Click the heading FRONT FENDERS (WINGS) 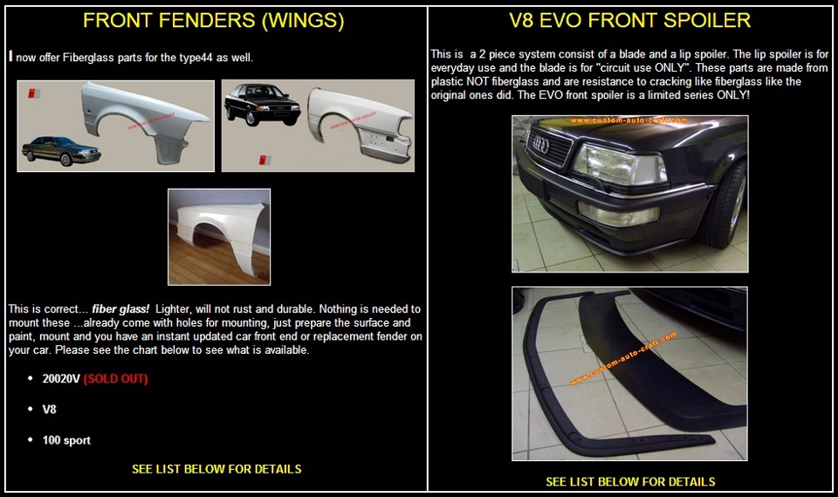[213, 20]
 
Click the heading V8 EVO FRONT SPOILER [629, 20]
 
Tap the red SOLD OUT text [115, 379]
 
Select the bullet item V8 [49, 410]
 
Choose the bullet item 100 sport [66, 440]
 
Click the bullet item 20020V [61, 379]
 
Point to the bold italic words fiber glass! [120, 309]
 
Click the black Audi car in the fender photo [262, 103]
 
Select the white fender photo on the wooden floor [219, 237]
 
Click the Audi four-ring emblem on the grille [540, 143]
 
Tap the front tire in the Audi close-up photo [725, 206]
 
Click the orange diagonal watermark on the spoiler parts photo [623, 358]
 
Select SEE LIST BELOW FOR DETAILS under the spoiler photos [630, 481]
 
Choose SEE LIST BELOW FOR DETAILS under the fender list [216, 469]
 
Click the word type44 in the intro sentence [196, 58]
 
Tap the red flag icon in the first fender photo [34, 93]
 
